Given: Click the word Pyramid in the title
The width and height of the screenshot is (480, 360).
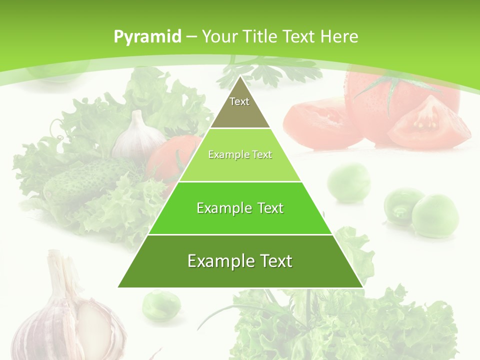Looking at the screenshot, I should (x=147, y=36).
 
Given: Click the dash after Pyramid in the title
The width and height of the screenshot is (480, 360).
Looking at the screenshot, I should (x=191, y=37).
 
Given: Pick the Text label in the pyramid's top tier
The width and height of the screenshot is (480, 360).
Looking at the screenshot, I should (x=239, y=101).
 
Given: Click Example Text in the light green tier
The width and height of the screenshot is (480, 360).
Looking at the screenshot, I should (x=240, y=155).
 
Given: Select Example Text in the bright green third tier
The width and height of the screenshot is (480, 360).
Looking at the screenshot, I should (x=240, y=208).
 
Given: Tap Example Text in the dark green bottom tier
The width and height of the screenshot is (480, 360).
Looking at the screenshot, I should (x=240, y=261).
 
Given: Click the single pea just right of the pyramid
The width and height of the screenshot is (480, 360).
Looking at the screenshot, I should (x=349, y=181).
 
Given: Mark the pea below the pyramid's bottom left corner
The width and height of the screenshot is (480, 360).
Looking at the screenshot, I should (x=161, y=304).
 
